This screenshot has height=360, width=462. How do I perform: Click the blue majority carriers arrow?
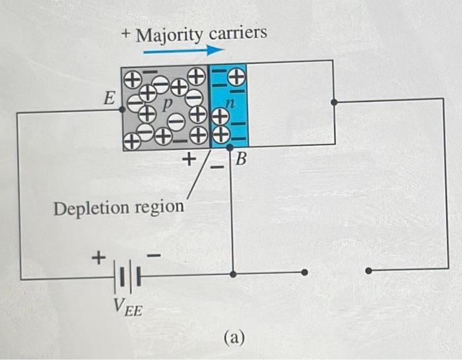[180, 50]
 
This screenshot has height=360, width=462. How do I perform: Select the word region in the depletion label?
[159, 207]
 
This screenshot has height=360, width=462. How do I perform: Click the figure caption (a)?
[234, 338]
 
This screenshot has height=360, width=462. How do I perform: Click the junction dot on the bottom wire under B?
[232, 271]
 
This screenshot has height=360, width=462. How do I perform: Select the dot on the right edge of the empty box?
[334, 102]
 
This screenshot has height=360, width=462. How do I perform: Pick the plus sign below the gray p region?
[189, 159]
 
